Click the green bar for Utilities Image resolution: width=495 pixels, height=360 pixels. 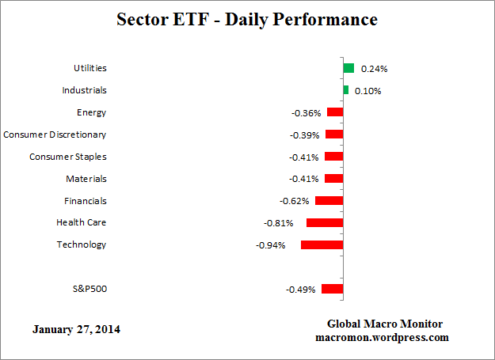click(x=348, y=68)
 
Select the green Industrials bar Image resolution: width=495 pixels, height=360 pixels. click(x=345, y=90)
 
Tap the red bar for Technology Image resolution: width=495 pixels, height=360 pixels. click(x=322, y=245)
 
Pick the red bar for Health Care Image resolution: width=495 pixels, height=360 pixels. click(x=325, y=223)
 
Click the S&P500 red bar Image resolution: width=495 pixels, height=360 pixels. click(x=332, y=290)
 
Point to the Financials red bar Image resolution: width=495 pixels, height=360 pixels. click(x=329, y=201)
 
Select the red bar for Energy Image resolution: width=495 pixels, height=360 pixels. click(x=335, y=112)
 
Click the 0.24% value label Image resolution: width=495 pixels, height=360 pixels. click(x=374, y=69)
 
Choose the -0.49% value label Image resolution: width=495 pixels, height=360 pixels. click(x=300, y=290)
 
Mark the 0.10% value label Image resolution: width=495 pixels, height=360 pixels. click(x=367, y=91)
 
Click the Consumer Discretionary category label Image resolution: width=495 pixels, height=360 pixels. click(x=55, y=135)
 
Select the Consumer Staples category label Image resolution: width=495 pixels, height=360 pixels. click(x=67, y=157)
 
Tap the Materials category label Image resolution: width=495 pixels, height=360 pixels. click(x=86, y=179)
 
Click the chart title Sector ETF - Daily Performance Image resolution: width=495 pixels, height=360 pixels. click(x=247, y=18)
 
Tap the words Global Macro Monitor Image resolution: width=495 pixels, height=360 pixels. click(x=385, y=324)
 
